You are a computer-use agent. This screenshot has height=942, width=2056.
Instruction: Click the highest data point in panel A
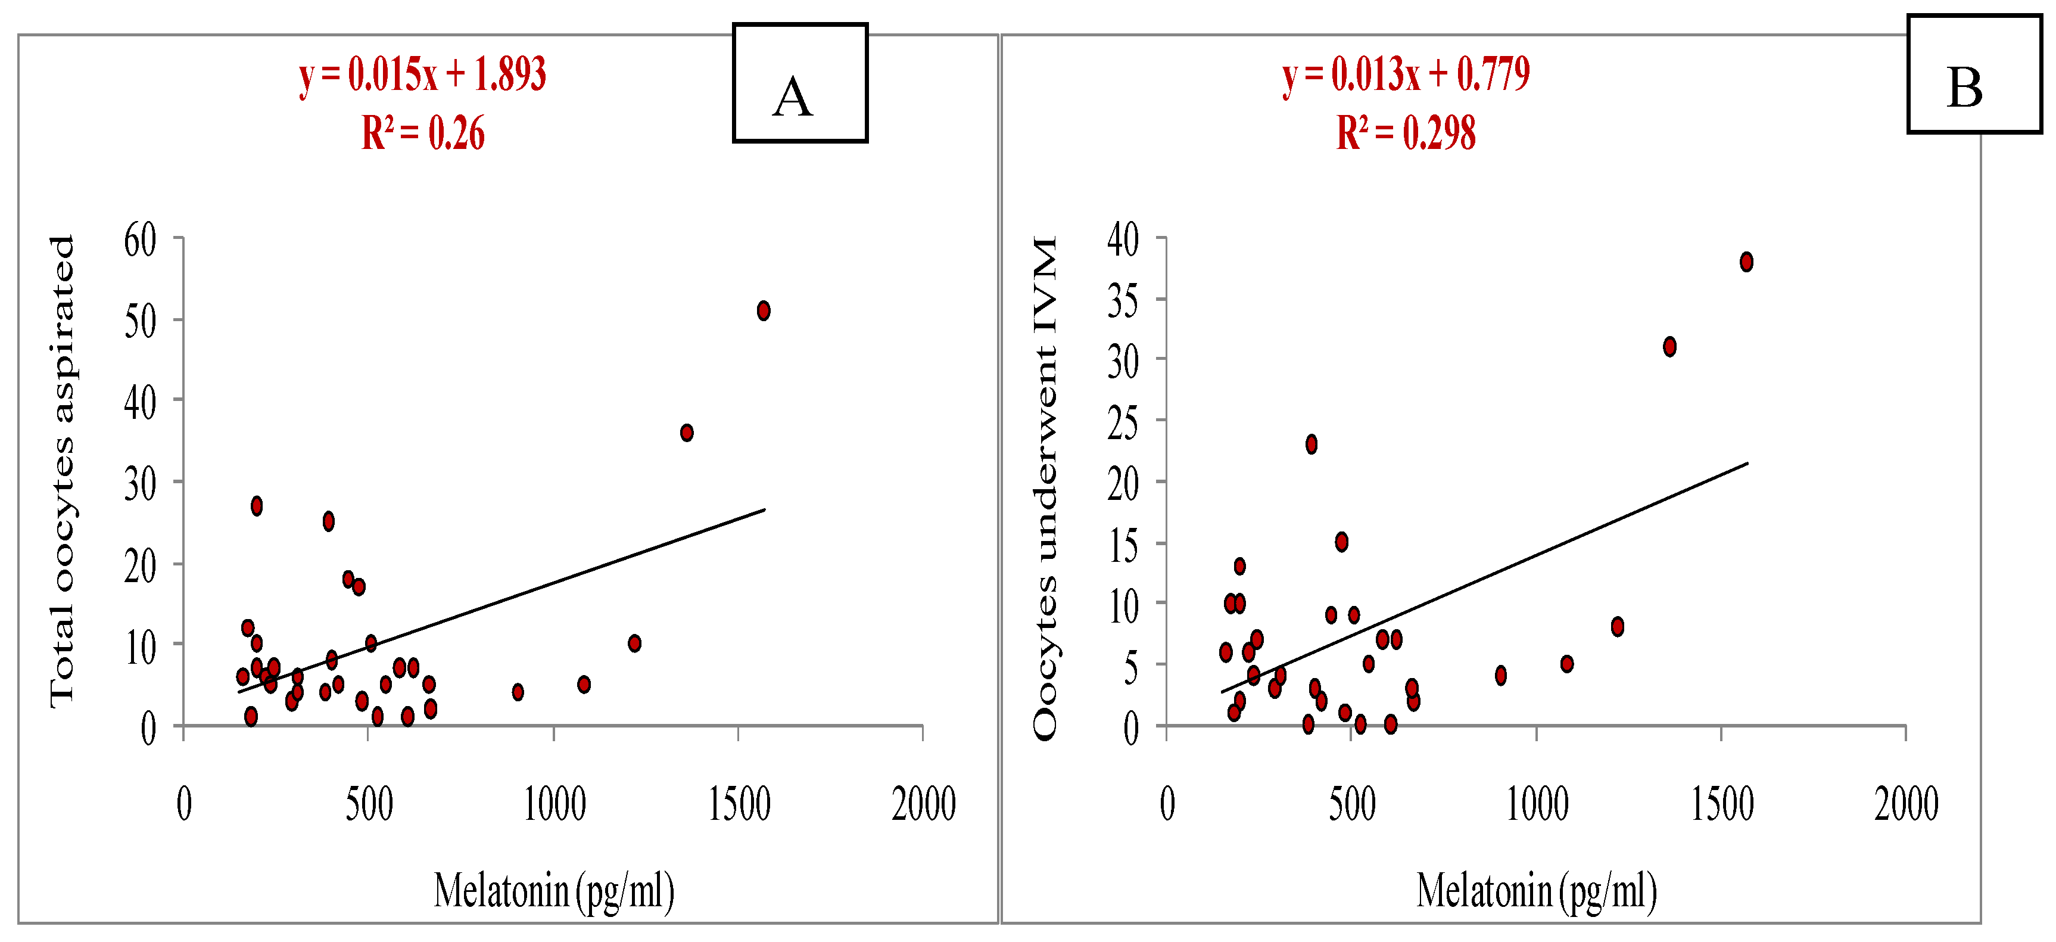coord(763,310)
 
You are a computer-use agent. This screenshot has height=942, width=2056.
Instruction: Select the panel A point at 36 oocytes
coord(686,433)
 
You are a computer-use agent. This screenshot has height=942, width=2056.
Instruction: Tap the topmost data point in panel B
coord(1746,262)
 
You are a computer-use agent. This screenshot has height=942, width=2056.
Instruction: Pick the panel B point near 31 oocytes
coord(1669,346)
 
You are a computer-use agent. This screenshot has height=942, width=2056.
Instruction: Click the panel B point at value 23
coord(1312,444)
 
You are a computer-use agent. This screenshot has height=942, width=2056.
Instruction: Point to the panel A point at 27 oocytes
coord(256,505)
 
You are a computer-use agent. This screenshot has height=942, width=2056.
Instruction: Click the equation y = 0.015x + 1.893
coord(422,75)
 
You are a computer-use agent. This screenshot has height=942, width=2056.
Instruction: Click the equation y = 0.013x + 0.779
coord(1406,75)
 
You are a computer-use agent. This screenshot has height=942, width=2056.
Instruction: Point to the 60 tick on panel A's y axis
coord(141,240)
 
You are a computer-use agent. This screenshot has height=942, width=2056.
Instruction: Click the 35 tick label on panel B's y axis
coord(1123,301)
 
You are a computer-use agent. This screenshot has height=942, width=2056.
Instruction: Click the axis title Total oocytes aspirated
coord(63,471)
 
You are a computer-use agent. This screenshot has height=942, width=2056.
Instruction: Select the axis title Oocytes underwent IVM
coord(1045,487)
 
